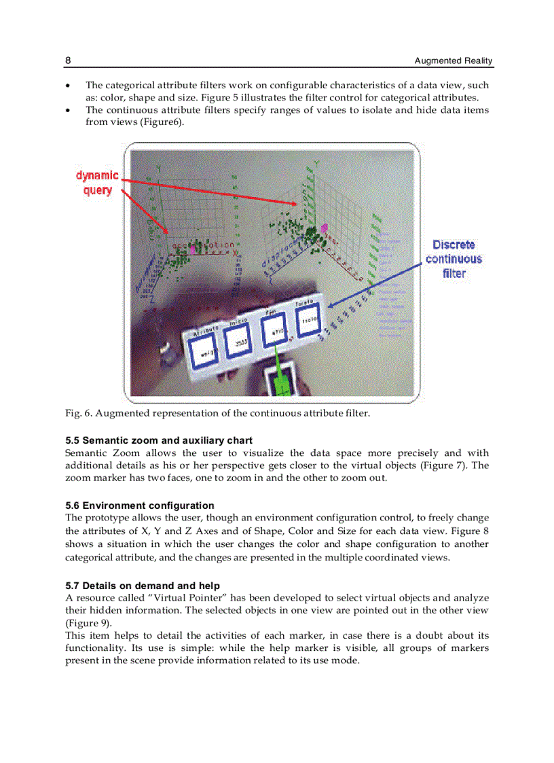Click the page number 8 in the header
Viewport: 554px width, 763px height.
pyautogui.click(x=68, y=60)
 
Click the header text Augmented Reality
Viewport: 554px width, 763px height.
pyautogui.click(x=454, y=61)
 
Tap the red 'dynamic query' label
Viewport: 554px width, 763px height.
pyautogui.click(x=97, y=183)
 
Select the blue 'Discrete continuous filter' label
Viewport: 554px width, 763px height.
pyautogui.click(x=454, y=259)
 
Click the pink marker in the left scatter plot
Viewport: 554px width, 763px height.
pyautogui.click(x=193, y=249)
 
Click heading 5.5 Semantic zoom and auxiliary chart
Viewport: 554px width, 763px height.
pyautogui.click(x=159, y=440)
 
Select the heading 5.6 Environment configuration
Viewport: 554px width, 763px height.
pyautogui.click(x=140, y=505)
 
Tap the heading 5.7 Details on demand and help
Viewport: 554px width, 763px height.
pyautogui.click(x=143, y=585)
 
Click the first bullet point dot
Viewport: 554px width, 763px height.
pyautogui.click(x=67, y=86)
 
